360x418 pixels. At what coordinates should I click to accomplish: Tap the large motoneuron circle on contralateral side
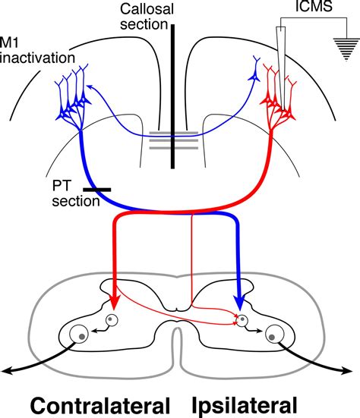[80, 334]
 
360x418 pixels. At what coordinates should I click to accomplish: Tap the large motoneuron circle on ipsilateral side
[273, 334]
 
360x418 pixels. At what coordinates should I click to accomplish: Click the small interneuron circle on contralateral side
[112, 320]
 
